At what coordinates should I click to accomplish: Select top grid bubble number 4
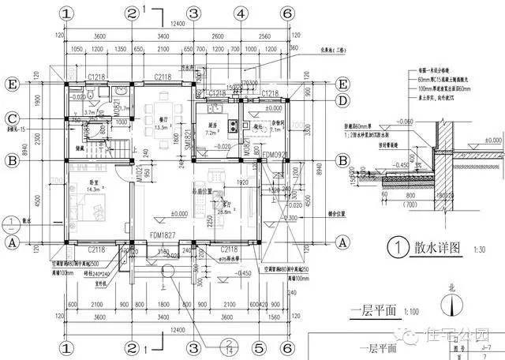238,14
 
